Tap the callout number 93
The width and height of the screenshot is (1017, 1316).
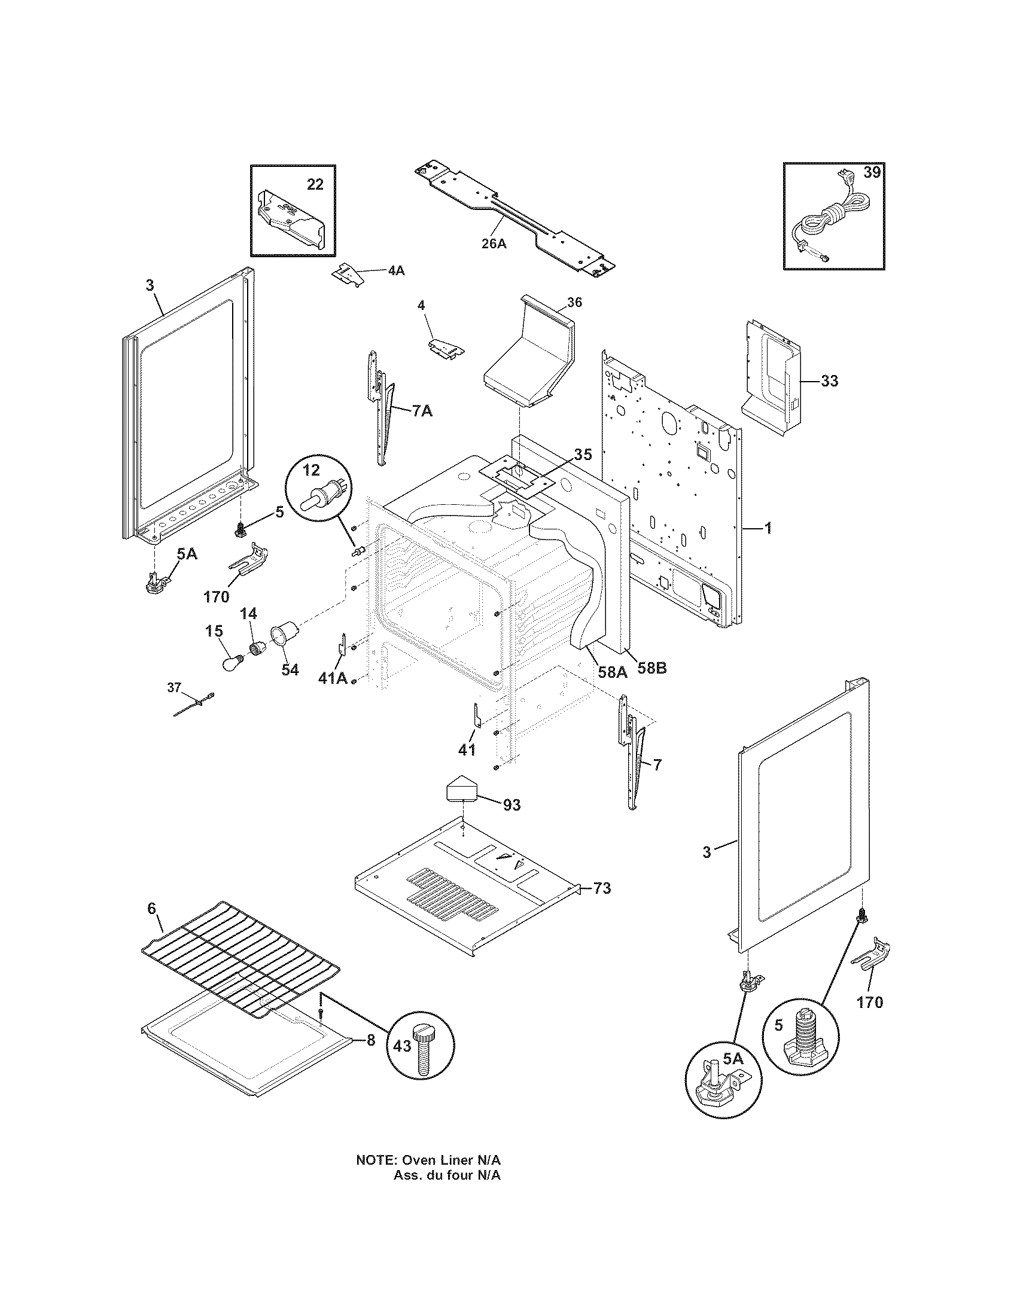(x=511, y=805)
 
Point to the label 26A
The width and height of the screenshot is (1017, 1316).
(x=494, y=243)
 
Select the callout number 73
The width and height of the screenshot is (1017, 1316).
(x=602, y=888)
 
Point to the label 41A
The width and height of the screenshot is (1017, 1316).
(x=333, y=678)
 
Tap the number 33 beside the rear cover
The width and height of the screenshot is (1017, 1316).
(x=829, y=381)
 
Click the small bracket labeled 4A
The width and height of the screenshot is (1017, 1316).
(x=348, y=272)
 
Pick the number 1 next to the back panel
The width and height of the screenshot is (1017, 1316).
(x=768, y=528)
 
